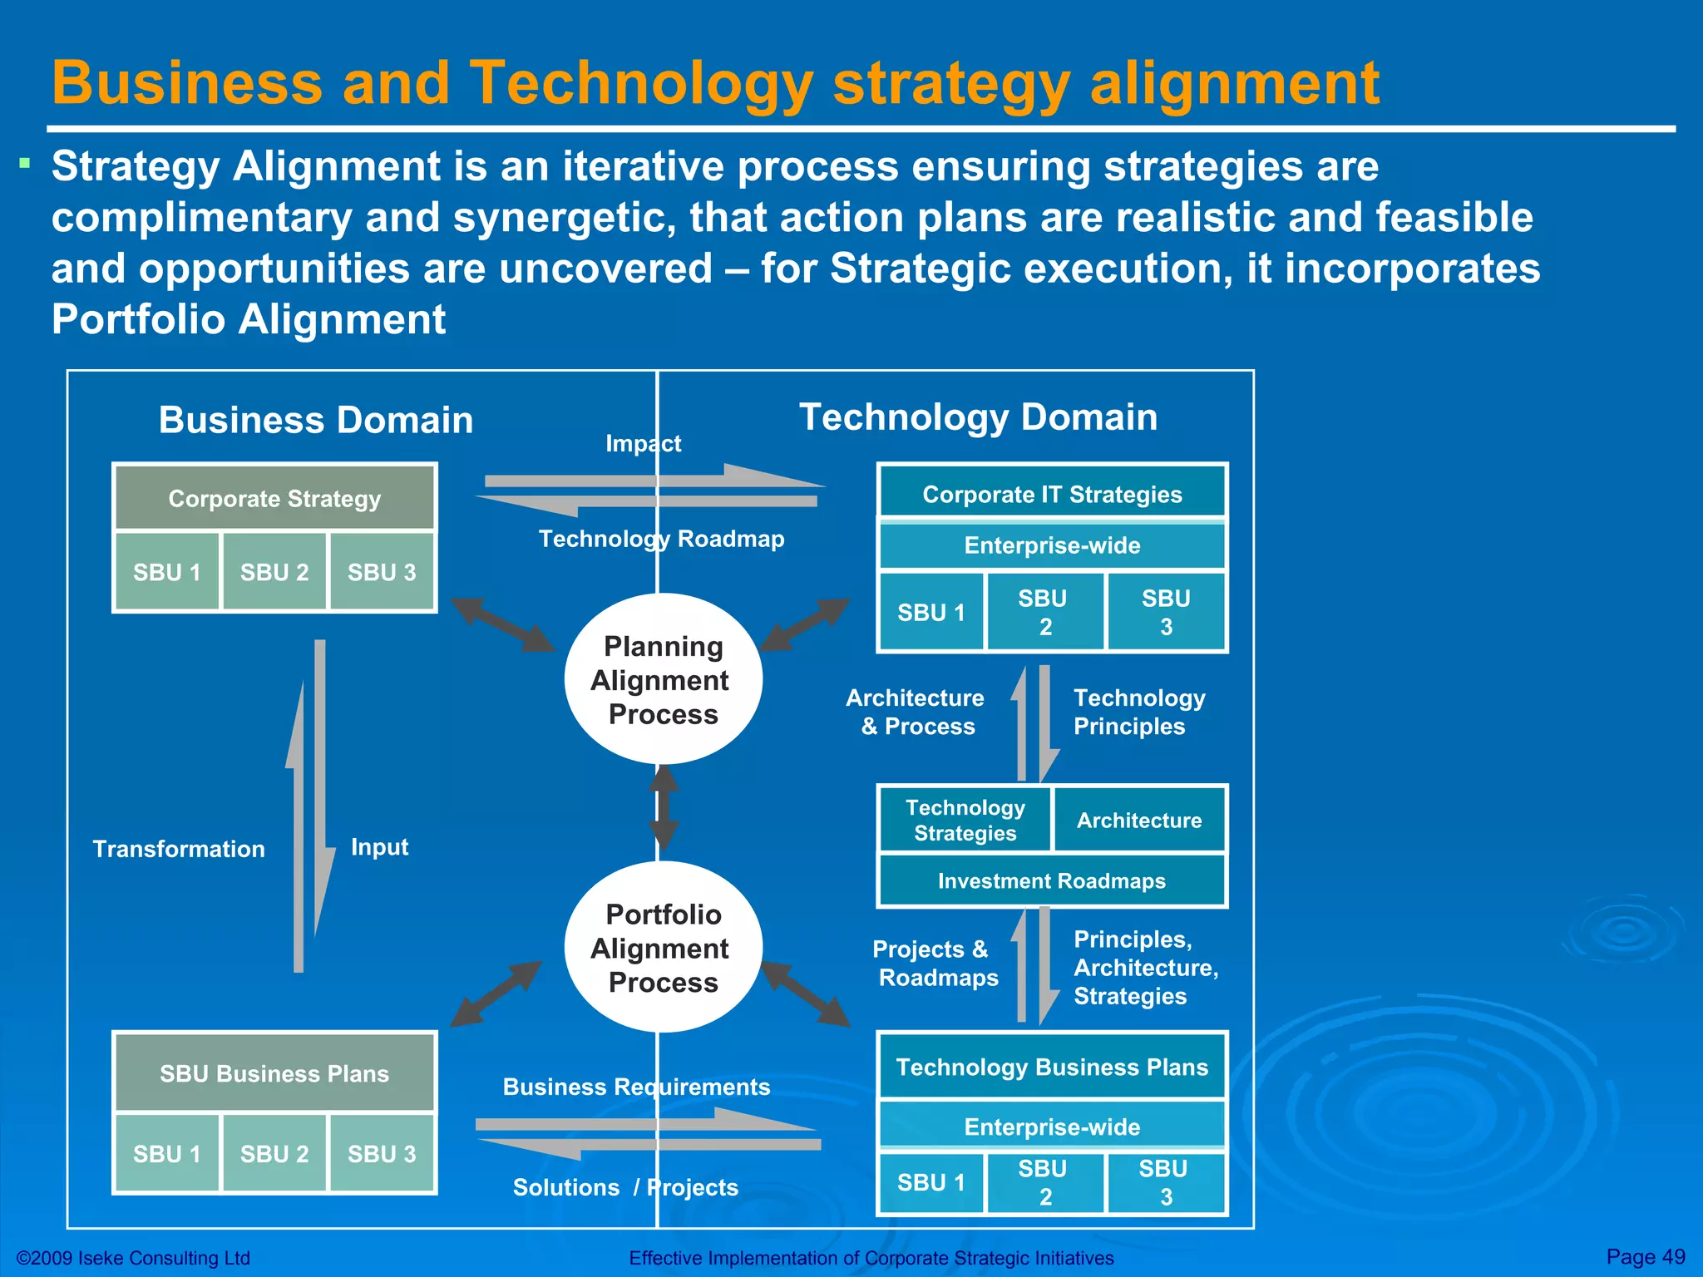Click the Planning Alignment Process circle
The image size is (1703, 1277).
663,679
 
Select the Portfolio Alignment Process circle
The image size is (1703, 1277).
663,948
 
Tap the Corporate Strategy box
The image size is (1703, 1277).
274,498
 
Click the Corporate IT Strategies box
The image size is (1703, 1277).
1052,494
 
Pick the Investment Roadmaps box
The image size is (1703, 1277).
1052,880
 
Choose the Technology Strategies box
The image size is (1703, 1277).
965,820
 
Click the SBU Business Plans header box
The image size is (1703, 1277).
274,1073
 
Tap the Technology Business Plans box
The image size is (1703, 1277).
1052,1067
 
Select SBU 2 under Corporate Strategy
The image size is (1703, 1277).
274,572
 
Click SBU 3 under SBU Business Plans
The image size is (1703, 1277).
382,1154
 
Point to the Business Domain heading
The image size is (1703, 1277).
316,420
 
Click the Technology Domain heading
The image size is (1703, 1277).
978,417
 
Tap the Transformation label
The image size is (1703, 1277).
179,849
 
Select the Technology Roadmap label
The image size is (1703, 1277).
661,539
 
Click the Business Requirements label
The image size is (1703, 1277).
636,1087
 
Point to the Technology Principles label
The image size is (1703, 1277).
1138,712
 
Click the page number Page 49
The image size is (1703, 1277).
1645,1256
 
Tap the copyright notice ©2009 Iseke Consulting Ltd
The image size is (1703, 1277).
134,1258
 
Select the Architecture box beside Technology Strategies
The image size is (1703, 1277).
1139,820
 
